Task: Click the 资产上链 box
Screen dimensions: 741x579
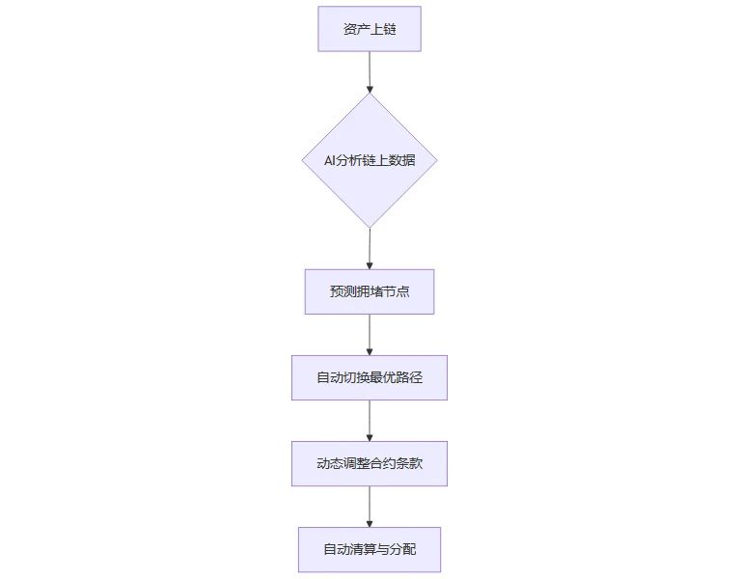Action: (x=370, y=29)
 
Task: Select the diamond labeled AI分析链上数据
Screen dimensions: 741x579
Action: (x=370, y=160)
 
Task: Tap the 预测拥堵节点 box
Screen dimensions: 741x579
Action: (x=370, y=291)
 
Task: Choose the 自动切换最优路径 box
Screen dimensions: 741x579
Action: (x=370, y=377)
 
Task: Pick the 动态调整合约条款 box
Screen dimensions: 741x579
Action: (x=370, y=463)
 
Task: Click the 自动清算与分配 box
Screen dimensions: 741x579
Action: (x=370, y=550)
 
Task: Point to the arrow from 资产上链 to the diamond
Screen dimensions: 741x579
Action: (x=370, y=72)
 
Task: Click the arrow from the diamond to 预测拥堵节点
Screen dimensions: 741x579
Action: (x=370, y=249)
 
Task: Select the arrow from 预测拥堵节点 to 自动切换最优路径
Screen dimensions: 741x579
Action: (x=370, y=335)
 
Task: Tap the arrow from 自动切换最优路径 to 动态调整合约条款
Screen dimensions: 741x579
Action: (x=370, y=421)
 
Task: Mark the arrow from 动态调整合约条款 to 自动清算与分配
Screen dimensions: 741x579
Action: (x=370, y=507)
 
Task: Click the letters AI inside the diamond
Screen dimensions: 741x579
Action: (x=329, y=161)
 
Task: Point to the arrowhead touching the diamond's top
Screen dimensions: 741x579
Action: (x=370, y=90)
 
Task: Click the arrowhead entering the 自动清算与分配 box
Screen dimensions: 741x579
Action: (x=370, y=524)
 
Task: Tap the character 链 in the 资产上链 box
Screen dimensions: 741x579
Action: (x=390, y=29)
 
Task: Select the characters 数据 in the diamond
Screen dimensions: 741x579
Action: (x=402, y=161)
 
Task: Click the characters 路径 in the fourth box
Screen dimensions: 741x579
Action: (x=409, y=377)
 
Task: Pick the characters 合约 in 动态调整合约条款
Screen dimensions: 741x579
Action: (x=383, y=463)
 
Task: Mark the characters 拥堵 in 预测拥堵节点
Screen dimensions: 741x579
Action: (x=370, y=291)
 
